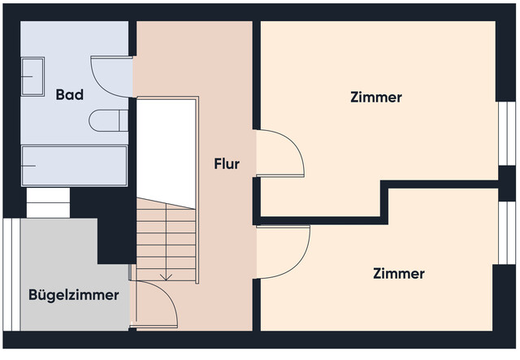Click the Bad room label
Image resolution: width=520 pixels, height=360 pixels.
tap(70, 95)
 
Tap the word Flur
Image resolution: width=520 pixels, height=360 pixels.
tap(226, 163)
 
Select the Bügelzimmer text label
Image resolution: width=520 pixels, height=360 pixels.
tap(74, 295)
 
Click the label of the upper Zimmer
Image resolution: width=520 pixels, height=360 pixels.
tap(375, 98)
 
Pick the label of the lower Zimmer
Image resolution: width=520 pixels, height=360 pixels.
tap(398, 274)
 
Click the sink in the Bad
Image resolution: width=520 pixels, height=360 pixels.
tap(32, 77)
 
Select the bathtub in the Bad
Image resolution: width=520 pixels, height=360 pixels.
tap(74, 166)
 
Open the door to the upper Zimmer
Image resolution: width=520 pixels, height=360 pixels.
tap(280, 154)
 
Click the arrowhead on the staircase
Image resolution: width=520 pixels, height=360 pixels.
tap(166, 276)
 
